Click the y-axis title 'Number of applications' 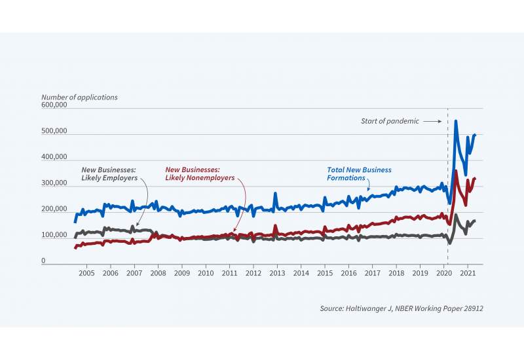click(79, 97)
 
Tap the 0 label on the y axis click(44, 261)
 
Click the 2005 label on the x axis click(86, 272)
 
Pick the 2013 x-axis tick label click(277, 272)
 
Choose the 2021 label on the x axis click(468, 272)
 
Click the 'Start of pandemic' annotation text click(390, 121)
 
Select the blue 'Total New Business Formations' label click(359, 173)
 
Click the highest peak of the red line click(455, 171)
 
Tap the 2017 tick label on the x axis click(373, 272)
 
